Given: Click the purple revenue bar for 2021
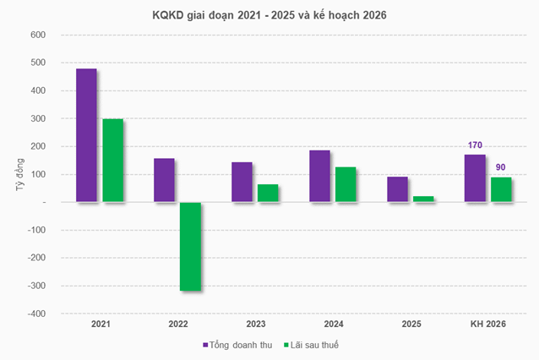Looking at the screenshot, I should point(86,135).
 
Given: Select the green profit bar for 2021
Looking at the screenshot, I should point(112,161).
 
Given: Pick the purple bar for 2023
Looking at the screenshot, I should point(242,183).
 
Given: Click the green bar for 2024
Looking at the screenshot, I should point(346,185).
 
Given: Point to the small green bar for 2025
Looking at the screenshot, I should point(423,199).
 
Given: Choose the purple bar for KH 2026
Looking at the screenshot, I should point(476,178).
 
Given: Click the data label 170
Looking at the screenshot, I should point(475,145).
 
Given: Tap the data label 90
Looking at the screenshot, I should point(501,167).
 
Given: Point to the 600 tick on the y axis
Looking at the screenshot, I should point(39,35).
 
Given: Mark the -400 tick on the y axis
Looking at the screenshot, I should point(36,314).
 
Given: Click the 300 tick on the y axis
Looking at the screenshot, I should point(39,118).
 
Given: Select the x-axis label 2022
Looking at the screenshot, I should point(177,325).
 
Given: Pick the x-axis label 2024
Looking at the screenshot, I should point(333,325).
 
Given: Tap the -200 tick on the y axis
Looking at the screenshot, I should point(36,258).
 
